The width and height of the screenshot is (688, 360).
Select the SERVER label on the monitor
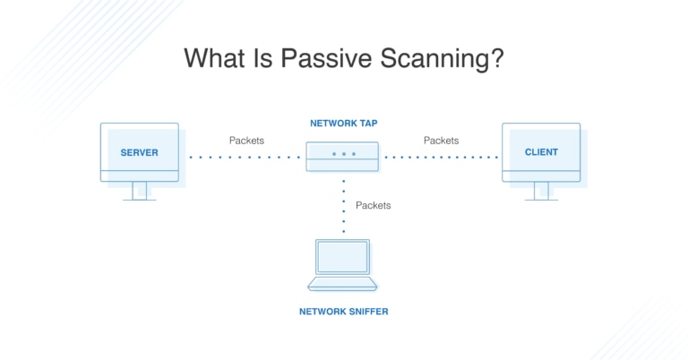pyautogui.click(x=139, y=152)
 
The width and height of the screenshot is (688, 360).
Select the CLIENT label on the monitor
pyautogui.click(x=541, y=152)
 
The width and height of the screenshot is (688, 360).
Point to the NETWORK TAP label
pyautogui.click(x=344, y=123)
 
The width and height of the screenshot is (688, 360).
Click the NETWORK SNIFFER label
pyautogui.click(x=344, y=312)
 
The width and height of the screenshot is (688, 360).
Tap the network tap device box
pyautogui.click(x=343, y=156)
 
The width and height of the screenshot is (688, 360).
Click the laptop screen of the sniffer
pyautogui.click(x=342, y=256)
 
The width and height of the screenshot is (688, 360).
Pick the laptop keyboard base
pyautogui.click(x=342, y=283)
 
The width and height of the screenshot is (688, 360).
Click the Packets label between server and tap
pyautogui.click(x=246, y=141)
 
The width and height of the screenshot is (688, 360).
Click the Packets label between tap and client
pyautogui.click(x=441, y=141)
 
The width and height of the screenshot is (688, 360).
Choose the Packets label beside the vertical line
pyautogui.click(x=373, y=205)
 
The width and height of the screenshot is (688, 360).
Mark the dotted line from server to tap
pyautogui.click(x=245, y=157)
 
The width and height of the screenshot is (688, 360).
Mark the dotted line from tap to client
pyautogui.click(x=441, y=157)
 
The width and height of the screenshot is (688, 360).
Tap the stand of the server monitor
pyautogui.click(x=139, y=191)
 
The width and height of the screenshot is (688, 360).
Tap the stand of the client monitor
pyautogui.click(x=541, y=191)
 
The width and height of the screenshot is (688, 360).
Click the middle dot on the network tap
pyautogui.click(x=343, y=154)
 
